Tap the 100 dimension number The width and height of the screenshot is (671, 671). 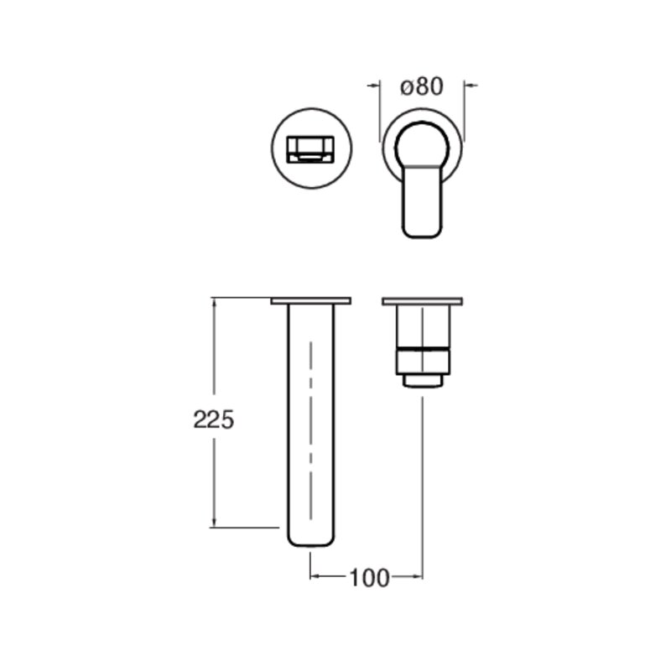coord(370,577)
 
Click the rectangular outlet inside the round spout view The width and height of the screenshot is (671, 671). coord(311,150)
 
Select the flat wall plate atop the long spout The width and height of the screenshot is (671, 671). coord(311,300)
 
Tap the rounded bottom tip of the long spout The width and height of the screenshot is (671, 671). coord(311,541)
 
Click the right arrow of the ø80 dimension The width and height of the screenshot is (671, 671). coord(470,85)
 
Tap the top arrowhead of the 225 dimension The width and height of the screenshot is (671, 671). coord(216,303)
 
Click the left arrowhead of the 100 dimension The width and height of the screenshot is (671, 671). coord(315,576)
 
